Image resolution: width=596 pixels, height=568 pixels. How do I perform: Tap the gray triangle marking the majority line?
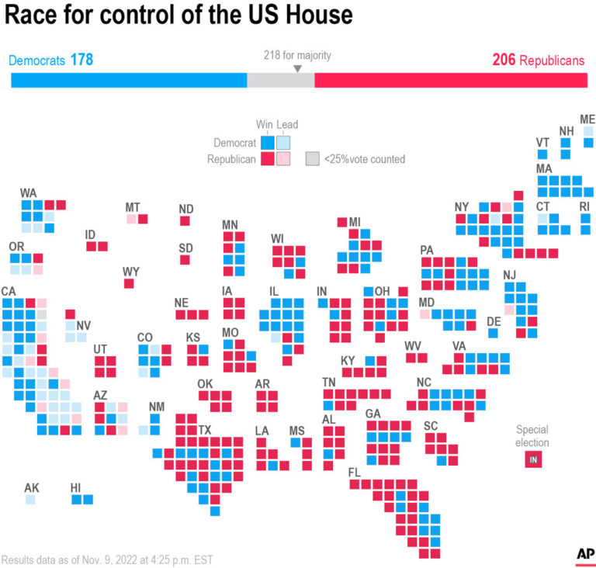point(297,69)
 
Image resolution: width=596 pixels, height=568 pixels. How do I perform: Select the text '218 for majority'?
point(297,55)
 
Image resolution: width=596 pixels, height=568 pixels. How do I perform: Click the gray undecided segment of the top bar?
point(279,81)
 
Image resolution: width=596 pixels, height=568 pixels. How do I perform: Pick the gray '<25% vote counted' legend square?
point(312,158)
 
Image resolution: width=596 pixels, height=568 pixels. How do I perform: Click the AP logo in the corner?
point(585,554)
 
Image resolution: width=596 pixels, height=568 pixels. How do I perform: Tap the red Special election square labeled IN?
point(532,460)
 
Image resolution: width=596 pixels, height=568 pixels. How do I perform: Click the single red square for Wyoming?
point(130,284)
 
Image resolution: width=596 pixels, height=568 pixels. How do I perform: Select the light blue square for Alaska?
point(30,500)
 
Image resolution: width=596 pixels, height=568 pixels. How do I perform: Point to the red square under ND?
point(185,221)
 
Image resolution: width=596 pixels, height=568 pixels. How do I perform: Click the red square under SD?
point(185,259)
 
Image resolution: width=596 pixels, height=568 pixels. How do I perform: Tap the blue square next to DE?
point(493,333)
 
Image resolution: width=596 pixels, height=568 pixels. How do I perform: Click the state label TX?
point(205,429)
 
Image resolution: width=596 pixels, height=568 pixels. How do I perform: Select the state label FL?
point(355,473)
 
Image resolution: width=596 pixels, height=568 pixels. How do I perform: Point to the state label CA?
point(9,291)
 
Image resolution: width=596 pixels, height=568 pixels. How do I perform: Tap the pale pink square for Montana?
point(131,220)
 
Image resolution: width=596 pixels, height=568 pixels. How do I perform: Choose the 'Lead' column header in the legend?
point(287,125)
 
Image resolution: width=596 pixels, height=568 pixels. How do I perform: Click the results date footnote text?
point(107,559)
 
